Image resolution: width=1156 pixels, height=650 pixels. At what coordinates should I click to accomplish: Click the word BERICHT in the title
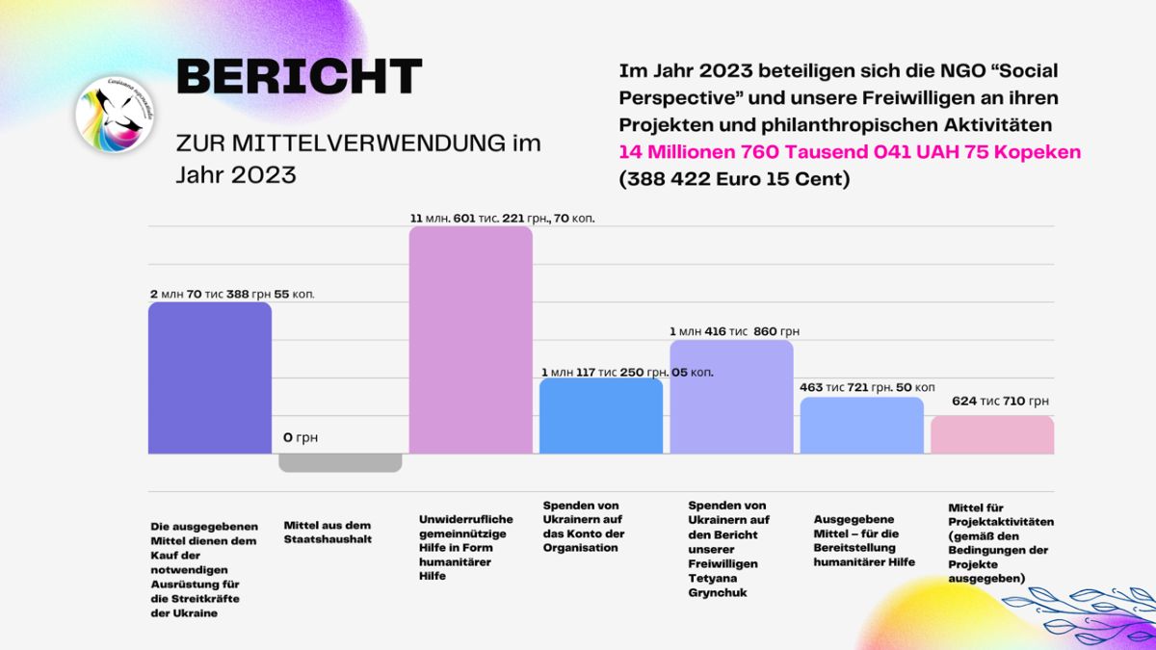point(300,76)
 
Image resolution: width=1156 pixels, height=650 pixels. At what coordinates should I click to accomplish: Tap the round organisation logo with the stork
point(115,115)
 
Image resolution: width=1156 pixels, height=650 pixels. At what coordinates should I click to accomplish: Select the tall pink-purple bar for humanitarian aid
point(471,340)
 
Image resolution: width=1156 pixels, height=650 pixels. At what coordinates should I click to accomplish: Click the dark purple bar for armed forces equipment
point(210,378)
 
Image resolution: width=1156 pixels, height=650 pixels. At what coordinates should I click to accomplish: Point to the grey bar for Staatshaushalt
point(340,463)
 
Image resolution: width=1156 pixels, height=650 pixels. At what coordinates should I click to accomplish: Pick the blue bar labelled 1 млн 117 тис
point(601,416)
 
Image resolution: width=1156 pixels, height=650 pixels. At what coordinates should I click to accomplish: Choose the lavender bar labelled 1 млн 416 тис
point(731,397)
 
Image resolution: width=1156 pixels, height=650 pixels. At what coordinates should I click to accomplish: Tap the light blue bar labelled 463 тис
point(862,426)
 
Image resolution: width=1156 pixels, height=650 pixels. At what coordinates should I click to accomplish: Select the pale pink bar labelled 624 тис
point(992,435)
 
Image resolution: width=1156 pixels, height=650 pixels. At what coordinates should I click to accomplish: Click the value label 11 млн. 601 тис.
point(502,219)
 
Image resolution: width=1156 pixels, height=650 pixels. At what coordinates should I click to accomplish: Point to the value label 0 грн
point(301,437)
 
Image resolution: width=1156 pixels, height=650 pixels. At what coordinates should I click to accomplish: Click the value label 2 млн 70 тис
point(232,294)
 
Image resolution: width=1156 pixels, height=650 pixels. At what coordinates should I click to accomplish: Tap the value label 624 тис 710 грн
point(1000,401)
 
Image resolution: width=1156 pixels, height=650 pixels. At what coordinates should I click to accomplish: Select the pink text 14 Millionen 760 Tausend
point(850,152)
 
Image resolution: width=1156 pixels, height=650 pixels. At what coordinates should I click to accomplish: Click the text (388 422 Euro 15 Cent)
point(734,179)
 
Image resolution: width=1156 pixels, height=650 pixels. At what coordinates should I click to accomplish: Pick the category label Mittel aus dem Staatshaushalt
point(328,532)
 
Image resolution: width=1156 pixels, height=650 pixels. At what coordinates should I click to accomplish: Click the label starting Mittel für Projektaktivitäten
point(1001,543)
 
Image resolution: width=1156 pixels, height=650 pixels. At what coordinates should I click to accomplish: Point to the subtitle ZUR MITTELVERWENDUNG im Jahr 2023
point(358,158)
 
